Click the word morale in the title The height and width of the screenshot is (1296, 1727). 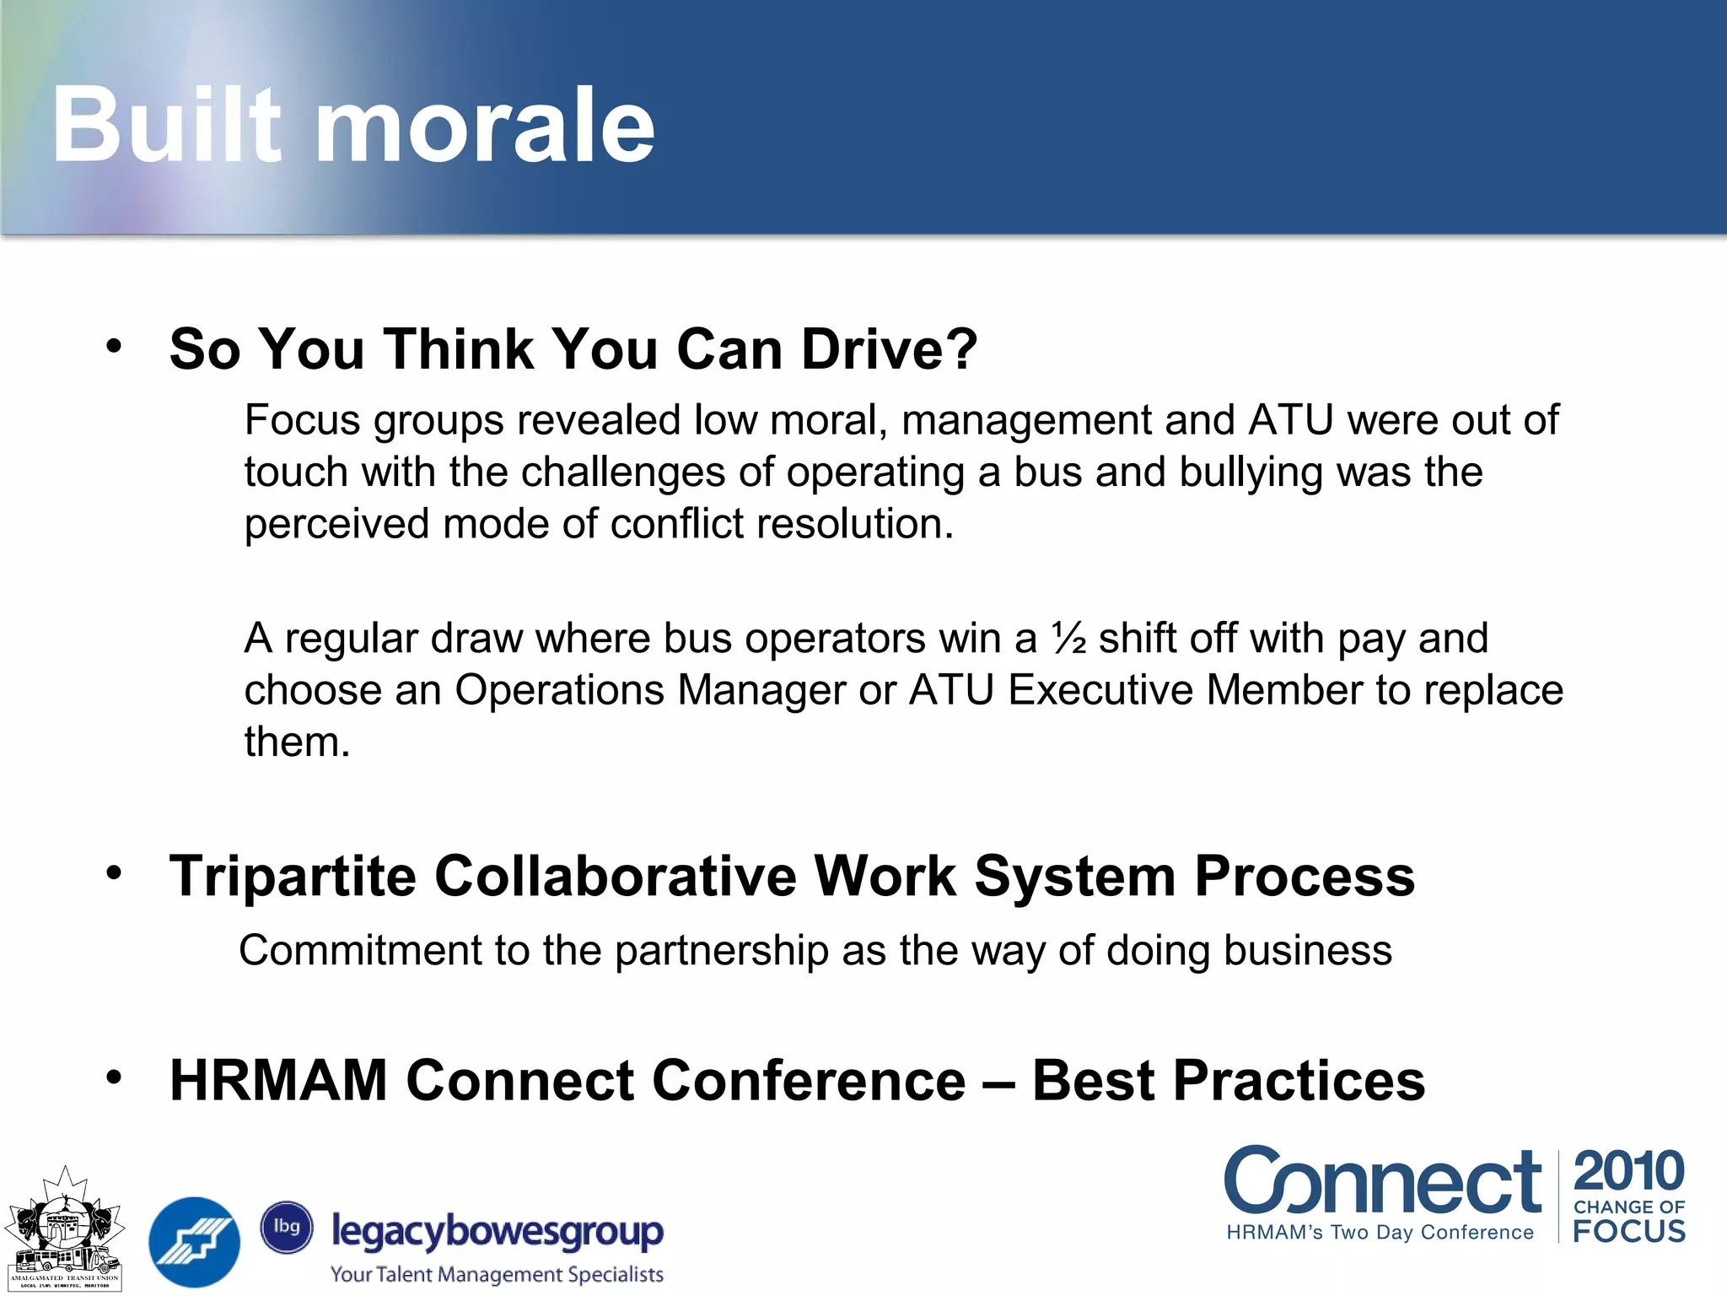485,127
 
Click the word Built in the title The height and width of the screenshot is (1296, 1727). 166,127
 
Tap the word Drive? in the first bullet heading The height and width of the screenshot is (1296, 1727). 889,348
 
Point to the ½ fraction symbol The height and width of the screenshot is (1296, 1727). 1068,638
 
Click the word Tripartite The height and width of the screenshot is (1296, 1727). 293,876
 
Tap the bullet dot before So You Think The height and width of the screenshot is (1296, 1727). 115,345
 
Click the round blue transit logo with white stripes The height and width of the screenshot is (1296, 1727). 194,1241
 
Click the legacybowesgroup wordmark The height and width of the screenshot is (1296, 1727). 498,1232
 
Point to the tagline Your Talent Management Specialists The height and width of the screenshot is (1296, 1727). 497,1274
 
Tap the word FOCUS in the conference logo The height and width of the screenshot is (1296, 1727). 1628,1231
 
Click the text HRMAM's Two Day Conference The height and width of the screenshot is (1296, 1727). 1380,1233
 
